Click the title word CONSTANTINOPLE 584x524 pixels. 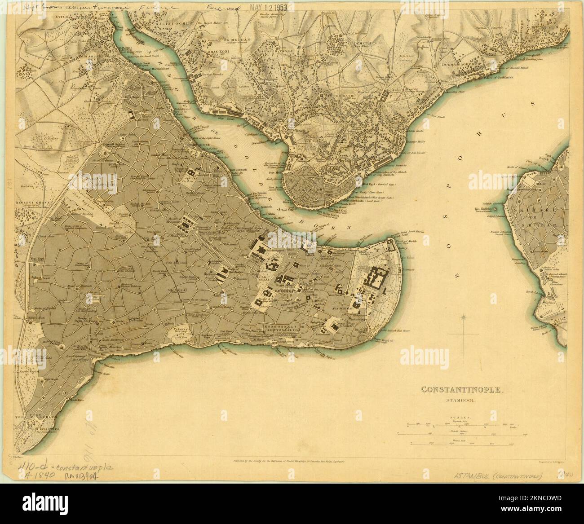(462, 389)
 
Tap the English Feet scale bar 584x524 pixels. (462, 423)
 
